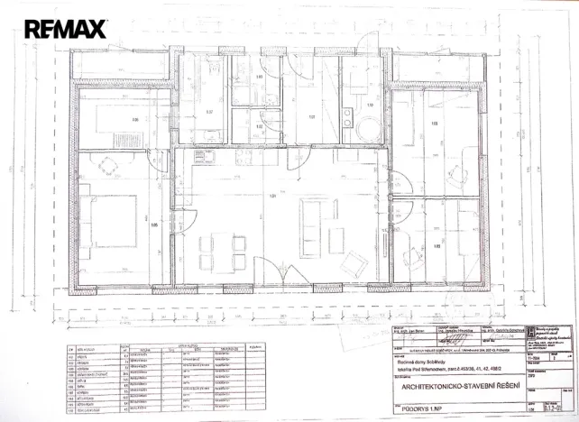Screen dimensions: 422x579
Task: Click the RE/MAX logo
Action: pos(65,29)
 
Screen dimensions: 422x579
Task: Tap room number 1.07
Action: pos(209,113)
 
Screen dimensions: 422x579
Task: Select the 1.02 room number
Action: pos(259,127)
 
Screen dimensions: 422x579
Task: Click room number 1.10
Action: pos(370,105)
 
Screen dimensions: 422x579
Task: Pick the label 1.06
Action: pos(136,119)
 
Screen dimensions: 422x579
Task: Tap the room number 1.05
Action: pos(154,225)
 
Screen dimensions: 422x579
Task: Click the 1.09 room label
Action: pos(435,124)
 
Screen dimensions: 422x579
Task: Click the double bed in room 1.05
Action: pos(113,216)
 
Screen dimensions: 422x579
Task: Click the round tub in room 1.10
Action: pos(369,128)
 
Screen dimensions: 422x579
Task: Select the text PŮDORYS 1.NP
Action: pos(423,408)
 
